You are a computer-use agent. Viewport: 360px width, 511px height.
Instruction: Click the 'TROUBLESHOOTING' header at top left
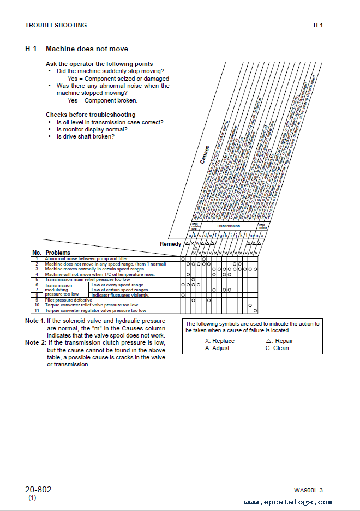click(56, 25)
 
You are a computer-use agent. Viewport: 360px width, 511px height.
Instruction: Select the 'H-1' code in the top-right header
click(318, 25)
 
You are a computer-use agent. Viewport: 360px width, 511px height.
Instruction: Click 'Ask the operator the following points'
click(99, 64)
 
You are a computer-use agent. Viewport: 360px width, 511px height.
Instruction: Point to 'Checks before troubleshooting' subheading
click(91, 115)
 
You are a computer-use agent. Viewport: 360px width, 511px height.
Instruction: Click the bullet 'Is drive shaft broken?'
click(85, 136)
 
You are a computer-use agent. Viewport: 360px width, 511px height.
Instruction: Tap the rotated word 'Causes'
click(205, 154)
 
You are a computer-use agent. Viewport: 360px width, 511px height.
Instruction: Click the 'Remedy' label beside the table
click(170, 244)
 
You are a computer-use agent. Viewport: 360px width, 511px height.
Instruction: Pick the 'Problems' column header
click(58, 253)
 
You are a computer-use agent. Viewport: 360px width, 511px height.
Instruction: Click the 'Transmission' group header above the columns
click(228, 226)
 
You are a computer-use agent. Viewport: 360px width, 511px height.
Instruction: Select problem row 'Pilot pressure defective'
click(68, 300)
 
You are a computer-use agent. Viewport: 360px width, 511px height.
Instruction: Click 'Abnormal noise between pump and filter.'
click(81, 258)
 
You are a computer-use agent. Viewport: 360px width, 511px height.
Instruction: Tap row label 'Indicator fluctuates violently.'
click(119, 295)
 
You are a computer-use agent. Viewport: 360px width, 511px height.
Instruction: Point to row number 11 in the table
click(37, 310)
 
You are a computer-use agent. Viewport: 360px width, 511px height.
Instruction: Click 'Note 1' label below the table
click(35, 321)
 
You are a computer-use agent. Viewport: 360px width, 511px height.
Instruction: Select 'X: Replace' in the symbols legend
click(219, 341)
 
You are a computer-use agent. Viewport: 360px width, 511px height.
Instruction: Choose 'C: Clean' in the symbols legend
click(277, 348)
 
